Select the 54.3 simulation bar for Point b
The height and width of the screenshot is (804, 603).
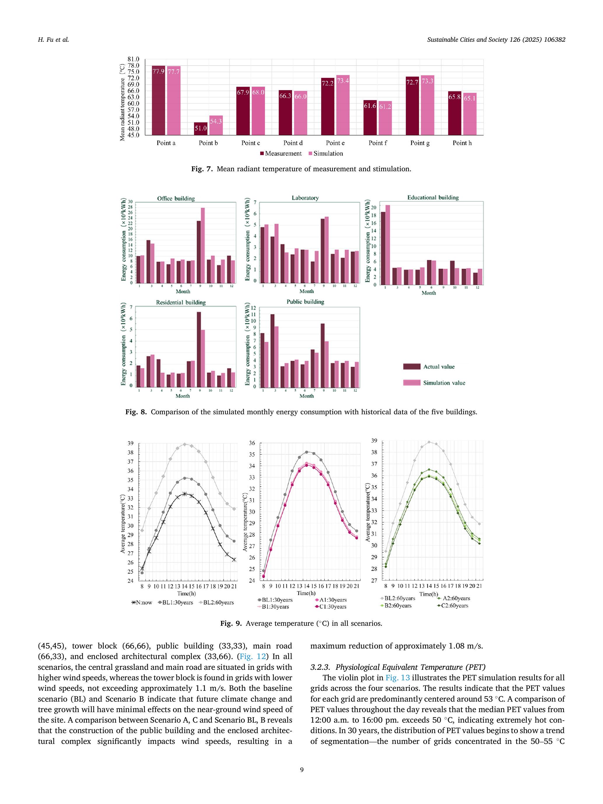pyautogui.click(x=216, y=125)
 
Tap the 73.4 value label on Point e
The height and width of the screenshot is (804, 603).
pyautogui.click(x=343, y=81)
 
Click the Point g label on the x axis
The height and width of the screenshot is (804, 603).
pyautogui.click(x=420, y=143)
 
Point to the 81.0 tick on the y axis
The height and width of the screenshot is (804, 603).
pyautogui.click(x=133, y=59)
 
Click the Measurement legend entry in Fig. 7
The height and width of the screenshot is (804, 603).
pyautogui.click(x=281, y=153)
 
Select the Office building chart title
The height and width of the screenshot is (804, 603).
pyautogui.click(x=176, y=198)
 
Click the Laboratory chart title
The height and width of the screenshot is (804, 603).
pyautogui.click(x=305, y=198)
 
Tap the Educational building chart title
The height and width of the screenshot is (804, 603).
pyautogui.click(x=433, y=197)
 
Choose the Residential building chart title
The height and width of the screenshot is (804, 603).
pyautogui.click(x=181, y=302)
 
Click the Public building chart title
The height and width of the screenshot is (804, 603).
pyautogui.click(x=305, y=302)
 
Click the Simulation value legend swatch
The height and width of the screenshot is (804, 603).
pyautogui.click(x=411, y=383)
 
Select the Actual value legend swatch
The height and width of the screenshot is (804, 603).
pyautogui.click(x=411, y=366)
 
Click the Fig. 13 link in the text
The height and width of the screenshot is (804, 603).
pyautogui.click(x=398, y=677)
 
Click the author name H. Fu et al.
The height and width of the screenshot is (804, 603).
pyautogui.click(x=53, y=40)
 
